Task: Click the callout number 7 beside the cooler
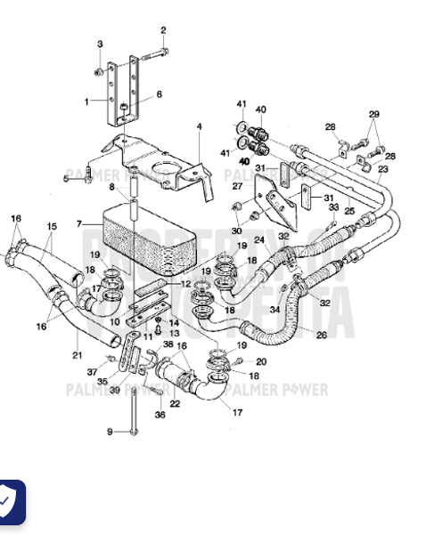pos(78,222)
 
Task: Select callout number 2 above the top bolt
pos(163,29)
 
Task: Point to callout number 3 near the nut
pos(100,44)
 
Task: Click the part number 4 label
pos(200,126)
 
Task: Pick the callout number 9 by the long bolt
pos(110,432)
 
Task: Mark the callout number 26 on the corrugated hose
pos(321,334)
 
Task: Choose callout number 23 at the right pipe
pos(382,168)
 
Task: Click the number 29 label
pos(373,115)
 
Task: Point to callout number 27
pos(237,186)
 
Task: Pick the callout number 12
pos(184,284)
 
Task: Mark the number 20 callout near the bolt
pos(261,361)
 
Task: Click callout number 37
pos(90,371)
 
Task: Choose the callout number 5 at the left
pos(65,178)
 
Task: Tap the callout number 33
pos(333,207)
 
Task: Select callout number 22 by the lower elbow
pos(175,404)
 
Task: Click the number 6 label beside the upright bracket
pos(160,94)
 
